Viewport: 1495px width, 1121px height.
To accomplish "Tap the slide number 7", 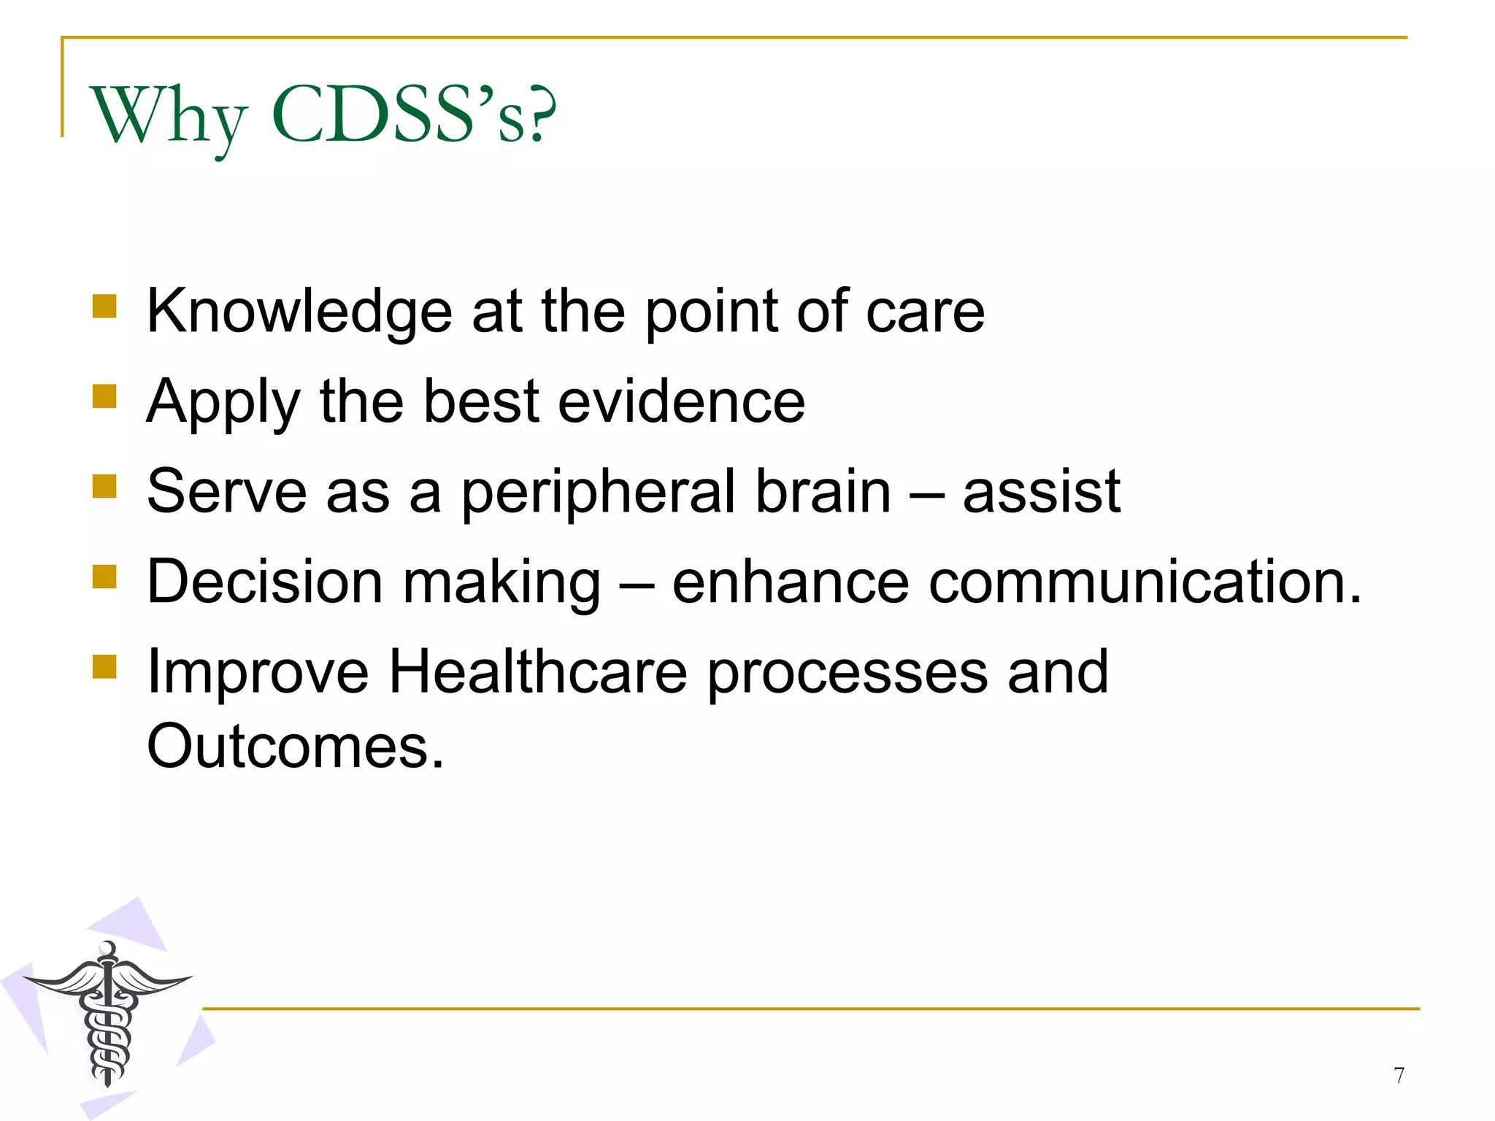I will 1399,1075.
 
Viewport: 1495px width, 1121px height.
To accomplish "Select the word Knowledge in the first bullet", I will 299,312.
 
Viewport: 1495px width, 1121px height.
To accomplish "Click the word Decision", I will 264,582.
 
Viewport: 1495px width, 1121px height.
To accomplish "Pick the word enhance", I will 790,582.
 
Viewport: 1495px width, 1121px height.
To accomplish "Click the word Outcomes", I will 295,746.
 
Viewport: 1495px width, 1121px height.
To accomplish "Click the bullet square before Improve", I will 104,666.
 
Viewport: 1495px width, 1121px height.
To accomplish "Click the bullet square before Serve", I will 104,486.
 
